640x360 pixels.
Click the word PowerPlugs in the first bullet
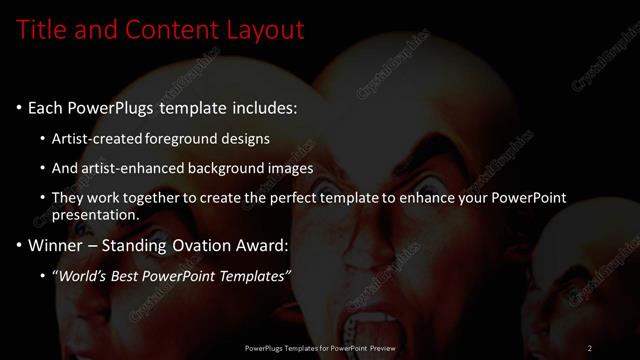(109, 107)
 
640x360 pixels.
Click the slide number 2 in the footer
(590, 348)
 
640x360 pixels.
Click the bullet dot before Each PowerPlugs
(19, 108)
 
